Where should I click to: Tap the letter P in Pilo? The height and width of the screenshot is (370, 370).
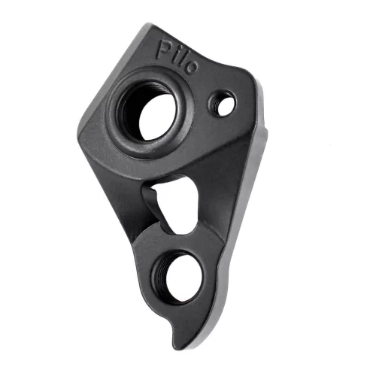pyautogui.click(x=162, y=50)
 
